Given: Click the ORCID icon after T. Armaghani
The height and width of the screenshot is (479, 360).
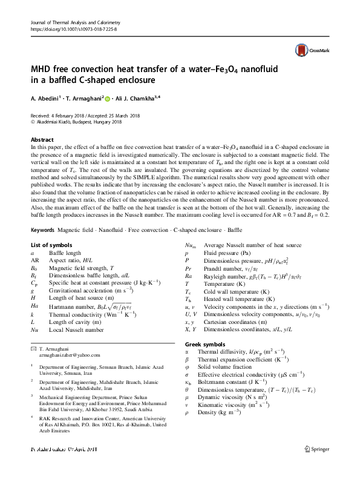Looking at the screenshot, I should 108,98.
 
